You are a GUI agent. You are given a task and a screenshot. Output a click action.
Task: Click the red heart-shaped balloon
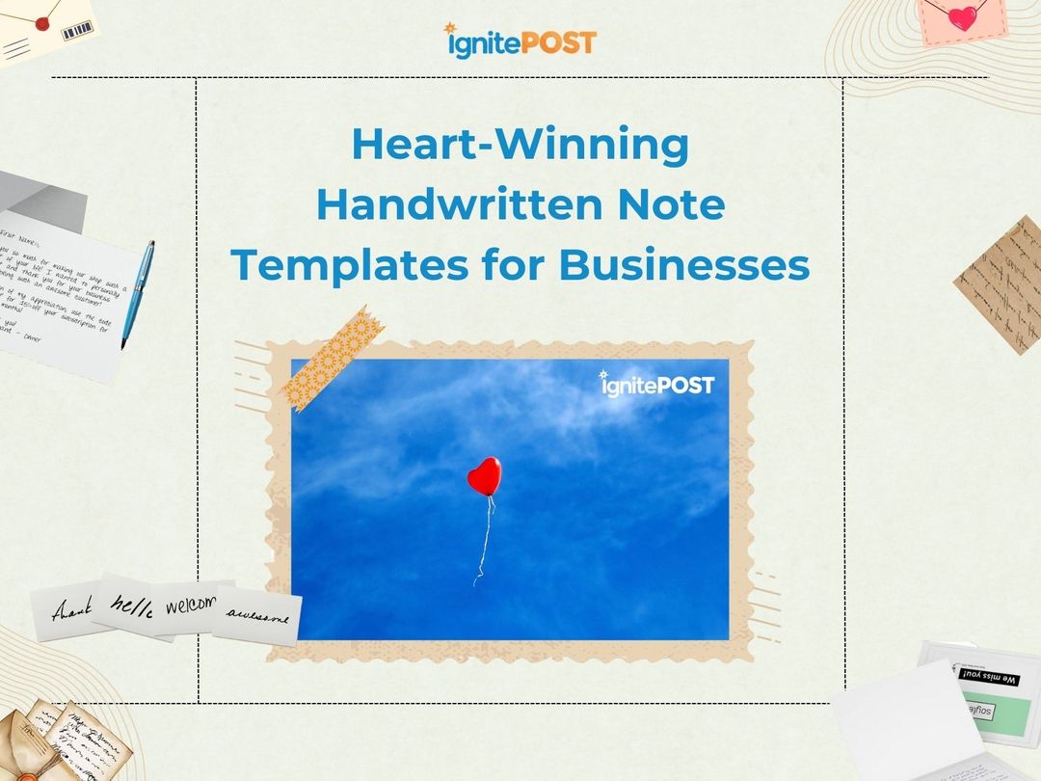coord(484,476)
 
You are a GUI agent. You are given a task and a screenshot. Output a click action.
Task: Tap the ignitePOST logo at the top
coord(520,41)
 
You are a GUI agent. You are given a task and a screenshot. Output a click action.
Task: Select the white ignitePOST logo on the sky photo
coord(657,384)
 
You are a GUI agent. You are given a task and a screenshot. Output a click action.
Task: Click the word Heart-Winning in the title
coord(520,145)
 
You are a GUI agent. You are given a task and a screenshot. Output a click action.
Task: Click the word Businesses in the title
coord(684,265)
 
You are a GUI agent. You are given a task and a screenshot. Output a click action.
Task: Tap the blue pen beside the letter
coord(138,293)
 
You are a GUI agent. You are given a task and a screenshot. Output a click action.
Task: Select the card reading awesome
coord(257,614)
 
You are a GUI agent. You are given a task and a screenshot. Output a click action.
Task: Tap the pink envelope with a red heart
coord(962,19)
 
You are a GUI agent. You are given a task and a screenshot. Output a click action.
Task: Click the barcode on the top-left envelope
coord(76,31)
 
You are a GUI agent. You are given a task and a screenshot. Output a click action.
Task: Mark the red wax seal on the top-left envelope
coord(40,20)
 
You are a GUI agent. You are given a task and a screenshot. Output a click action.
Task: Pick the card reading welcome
coord(193,606)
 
